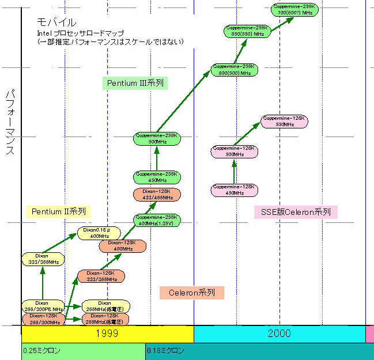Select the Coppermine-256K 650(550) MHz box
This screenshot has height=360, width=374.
click(x=245, y=31)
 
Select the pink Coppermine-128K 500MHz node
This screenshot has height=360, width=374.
click(x=234, y=151)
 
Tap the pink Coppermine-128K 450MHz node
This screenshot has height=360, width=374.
click(x=234, y=190)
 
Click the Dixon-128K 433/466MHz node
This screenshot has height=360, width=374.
click(x=157, y=194)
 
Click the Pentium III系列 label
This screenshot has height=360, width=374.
click(x=135, y=83)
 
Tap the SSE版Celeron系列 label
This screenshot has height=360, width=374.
click(x=296, y=212)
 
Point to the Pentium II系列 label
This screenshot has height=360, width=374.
click(x=59, y=211)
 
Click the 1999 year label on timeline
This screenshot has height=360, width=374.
click(x=107, y=334)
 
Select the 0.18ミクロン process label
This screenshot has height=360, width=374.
click(x=166, y=351)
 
